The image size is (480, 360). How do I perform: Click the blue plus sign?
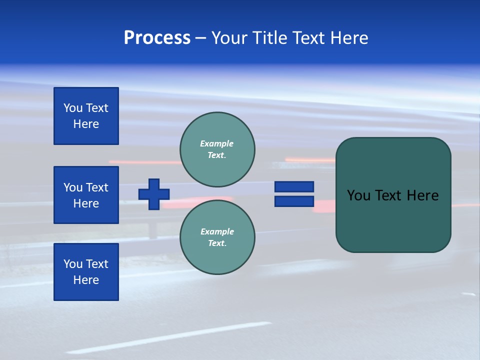click(x=154, y=194)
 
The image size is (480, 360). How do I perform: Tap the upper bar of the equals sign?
click(x=294, y=186)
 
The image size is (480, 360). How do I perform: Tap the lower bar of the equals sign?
click(x=294, y=201)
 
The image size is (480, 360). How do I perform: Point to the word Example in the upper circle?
click(x=216, y=143)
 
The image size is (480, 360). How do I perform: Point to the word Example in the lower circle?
click(x=217, y=231)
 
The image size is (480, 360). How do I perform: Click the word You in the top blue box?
click(x=73, y=108)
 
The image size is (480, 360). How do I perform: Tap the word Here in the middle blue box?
click(x=86, y=203)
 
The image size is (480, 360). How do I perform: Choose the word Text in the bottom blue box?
click(x=96, y=264)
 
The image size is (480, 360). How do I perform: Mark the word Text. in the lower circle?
click(x=217, y=243)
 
